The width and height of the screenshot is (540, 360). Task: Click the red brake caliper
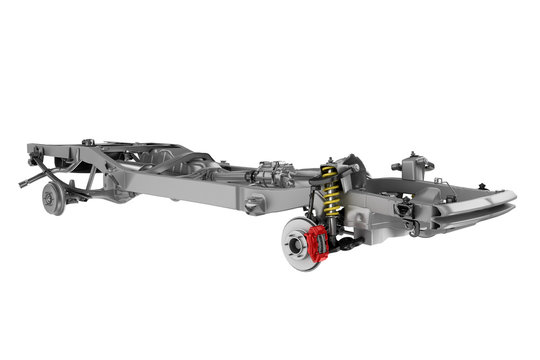[319, 240]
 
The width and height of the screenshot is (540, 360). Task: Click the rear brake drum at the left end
[51, 200]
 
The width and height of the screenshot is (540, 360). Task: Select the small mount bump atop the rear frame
[87, 142]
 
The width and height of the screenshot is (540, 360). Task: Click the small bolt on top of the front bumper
[484, 187]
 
